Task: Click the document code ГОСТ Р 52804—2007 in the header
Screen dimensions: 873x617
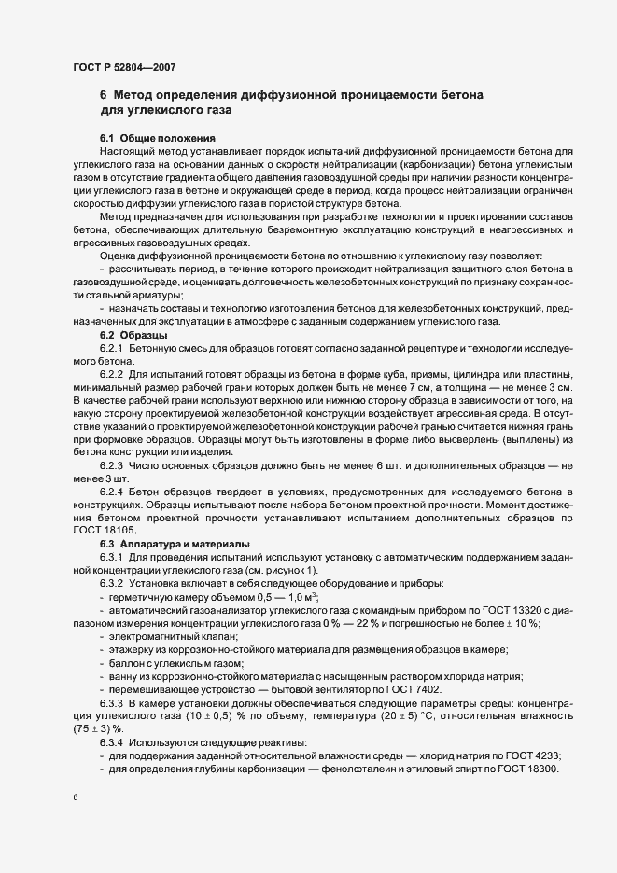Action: (x=123, y=67)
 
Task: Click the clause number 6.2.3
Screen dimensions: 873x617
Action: (x=111, y=464)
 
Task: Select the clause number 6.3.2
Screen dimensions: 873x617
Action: (x=111, y=583)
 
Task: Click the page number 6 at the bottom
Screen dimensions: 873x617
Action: (x=76, y=798)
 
